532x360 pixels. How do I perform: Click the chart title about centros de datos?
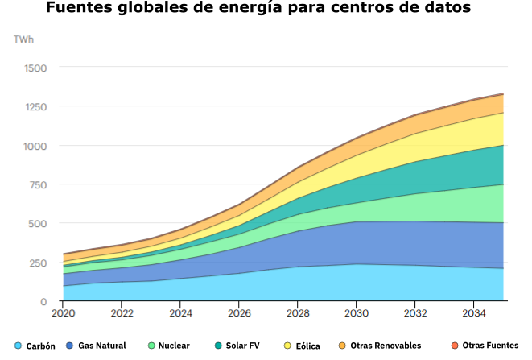point(258,10)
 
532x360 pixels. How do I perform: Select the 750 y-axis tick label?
point(37,184)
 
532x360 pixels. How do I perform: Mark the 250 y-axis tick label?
point(37,263)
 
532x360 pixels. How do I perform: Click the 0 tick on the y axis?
point(43,301)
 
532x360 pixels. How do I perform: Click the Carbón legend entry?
point(35,346)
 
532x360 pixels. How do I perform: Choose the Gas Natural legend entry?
point(97,346)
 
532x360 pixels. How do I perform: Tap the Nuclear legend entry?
point(168,346)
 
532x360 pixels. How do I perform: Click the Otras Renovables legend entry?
point(379,346)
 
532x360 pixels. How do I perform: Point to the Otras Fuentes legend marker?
point(455,346)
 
